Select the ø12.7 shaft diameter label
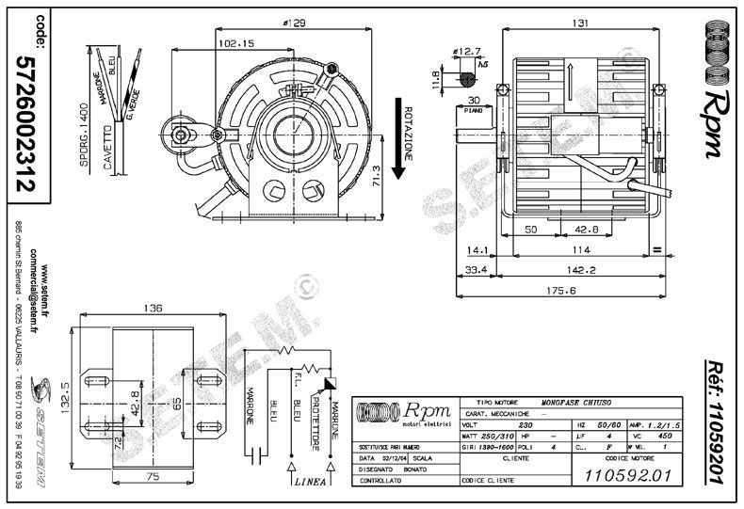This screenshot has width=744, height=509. (468, 52)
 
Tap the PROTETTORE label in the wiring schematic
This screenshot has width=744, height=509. (317, 417)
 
